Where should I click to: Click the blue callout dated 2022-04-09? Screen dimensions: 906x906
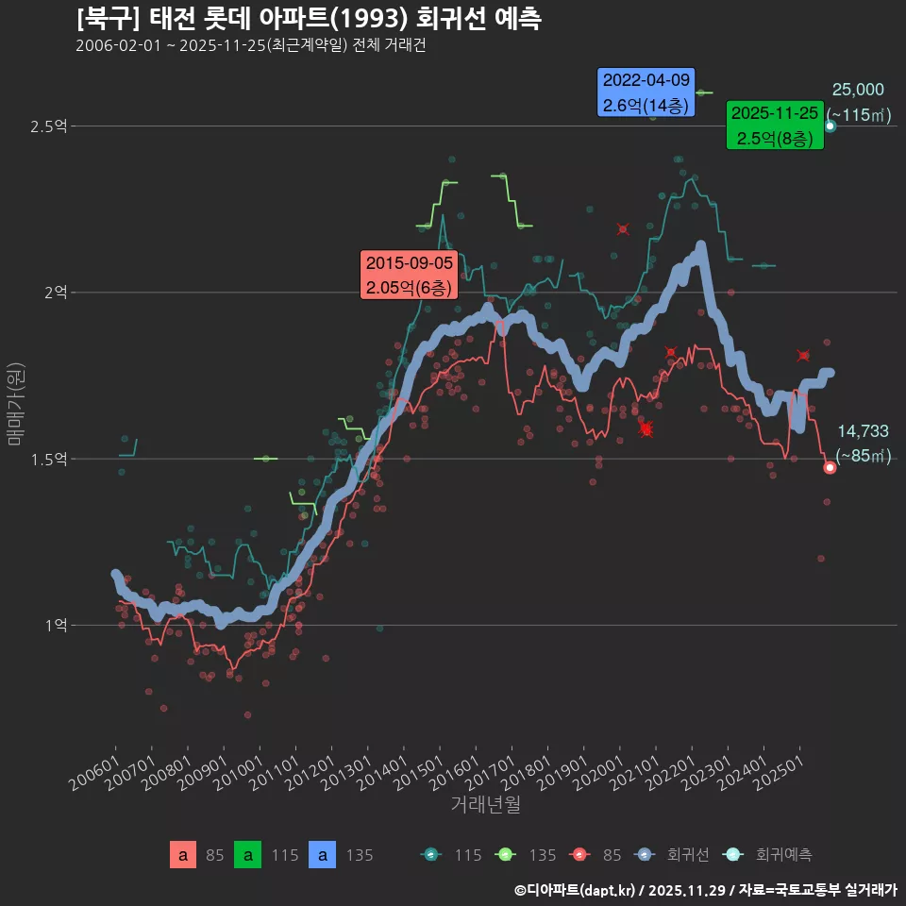tap(646, 92)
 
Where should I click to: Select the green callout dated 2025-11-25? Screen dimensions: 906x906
tap(775, 126)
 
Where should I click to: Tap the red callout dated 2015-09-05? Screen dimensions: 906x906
tap(410, 275)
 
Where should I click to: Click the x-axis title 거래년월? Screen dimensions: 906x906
tap(485, 804)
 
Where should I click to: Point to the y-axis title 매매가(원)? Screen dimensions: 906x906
tap(15, 403)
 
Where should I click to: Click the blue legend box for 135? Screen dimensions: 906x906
tap(323, 855)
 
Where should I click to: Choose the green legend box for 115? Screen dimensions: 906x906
tap(247, 855)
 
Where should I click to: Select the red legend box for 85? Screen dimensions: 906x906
tap(183, 855)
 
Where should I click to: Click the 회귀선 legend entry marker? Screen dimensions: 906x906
tap(644, 855)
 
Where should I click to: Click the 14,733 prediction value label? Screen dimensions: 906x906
tap(863, 431)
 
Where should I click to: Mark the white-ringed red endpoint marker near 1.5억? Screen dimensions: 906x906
tap(830, 467)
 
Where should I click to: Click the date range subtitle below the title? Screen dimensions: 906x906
tap(250, 46)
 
